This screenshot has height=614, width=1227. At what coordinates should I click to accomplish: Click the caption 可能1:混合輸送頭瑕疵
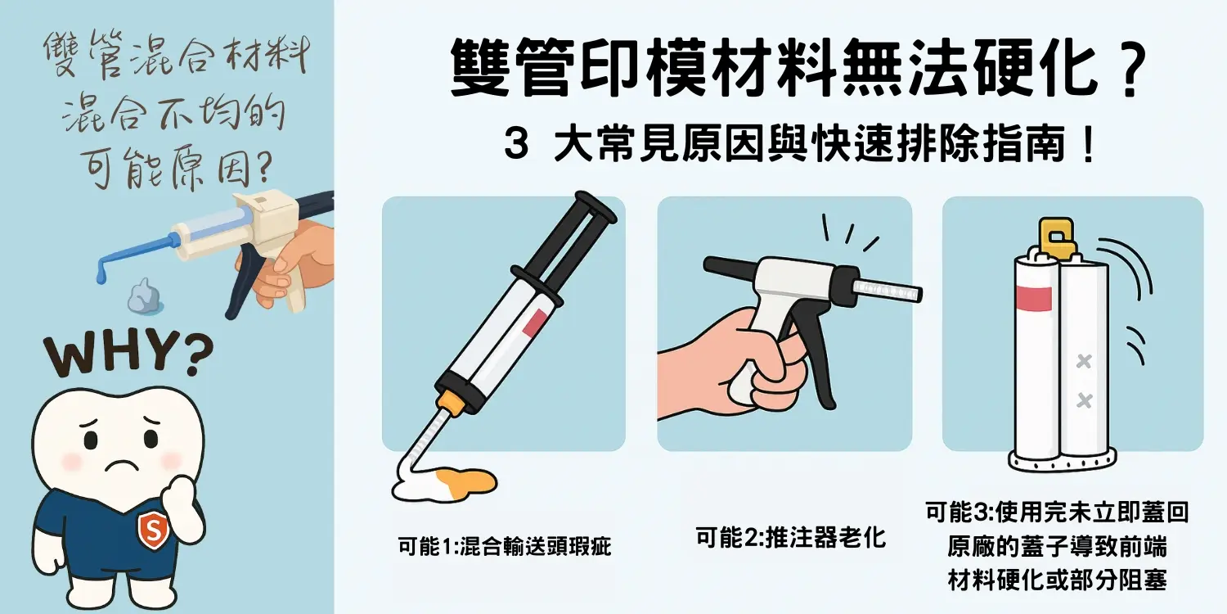coord(503,546)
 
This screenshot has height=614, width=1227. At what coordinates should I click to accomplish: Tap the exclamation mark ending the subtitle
coord(1087,147)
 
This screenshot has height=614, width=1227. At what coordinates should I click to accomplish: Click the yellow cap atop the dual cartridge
coord(1057,237)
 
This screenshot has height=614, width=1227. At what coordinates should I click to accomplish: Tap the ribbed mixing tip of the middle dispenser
coord(887,290)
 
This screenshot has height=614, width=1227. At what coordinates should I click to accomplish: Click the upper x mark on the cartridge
coord(1084,361)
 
